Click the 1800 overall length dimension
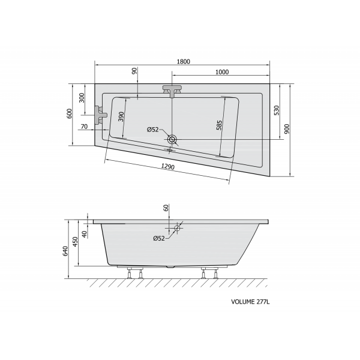184,62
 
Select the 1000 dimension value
222,72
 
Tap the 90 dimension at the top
134,71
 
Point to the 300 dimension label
82,98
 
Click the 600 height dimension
69,113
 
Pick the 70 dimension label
84,127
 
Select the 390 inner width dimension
121,116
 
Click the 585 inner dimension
219,125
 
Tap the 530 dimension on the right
277,110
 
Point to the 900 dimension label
287,129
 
